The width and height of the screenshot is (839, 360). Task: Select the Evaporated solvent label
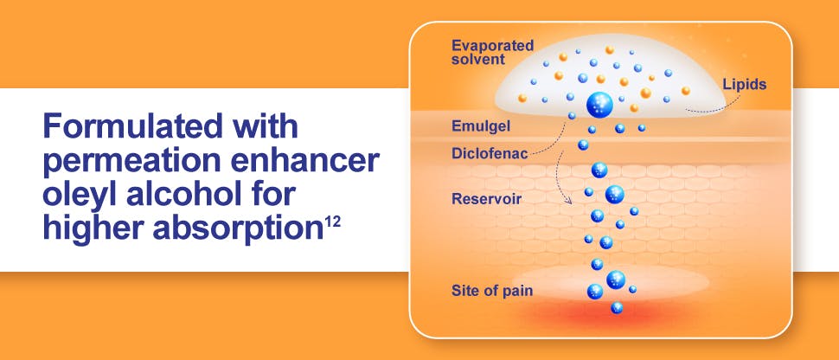[492, 51]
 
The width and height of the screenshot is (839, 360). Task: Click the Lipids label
[744, 85]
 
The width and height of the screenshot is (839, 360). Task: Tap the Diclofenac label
[487, 153]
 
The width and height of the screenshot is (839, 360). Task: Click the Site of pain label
[492, 290]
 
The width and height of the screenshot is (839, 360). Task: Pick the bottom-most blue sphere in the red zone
[617, 307]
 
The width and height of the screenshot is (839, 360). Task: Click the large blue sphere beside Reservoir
[614, 194]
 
